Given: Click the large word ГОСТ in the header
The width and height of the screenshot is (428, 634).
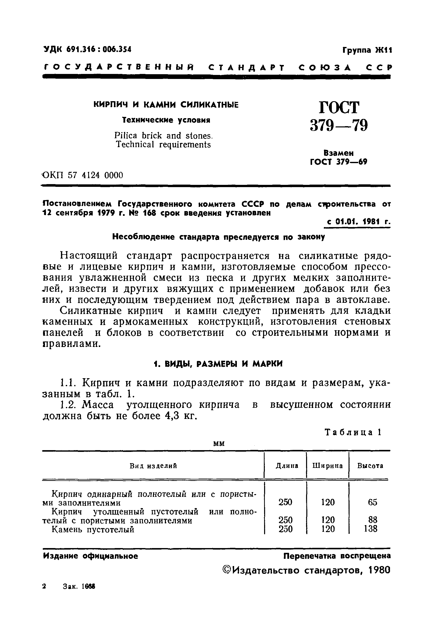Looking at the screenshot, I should coord(339,107).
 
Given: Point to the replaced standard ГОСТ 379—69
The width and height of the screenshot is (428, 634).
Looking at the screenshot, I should coord(339,162).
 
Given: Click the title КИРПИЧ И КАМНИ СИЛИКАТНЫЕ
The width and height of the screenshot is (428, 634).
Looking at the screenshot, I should coord(166,105).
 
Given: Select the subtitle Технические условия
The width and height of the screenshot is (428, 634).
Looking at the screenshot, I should coord(166,120).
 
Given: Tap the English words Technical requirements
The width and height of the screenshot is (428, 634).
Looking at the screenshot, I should coord(163,144).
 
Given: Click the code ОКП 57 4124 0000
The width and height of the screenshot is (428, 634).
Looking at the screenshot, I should coord(83,175).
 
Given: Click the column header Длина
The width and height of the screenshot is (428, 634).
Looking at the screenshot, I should coord(287,466).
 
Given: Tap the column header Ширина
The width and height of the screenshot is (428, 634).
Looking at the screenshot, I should coord(327,466).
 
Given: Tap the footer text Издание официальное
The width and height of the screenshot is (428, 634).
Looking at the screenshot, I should coord(90,556).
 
